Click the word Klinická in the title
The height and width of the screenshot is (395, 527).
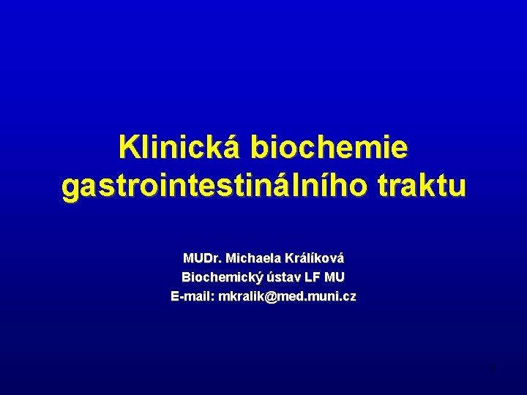(179, 148)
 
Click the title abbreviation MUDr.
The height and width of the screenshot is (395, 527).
(202, 258)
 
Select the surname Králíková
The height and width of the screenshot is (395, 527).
(314, 258)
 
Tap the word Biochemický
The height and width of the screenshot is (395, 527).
(217, 277)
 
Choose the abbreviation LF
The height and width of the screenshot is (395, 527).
(311, 277)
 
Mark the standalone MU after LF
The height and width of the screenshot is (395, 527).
(335, 277)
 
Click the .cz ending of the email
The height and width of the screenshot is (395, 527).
(347, 296)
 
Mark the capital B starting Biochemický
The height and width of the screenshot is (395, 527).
(185, 277)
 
